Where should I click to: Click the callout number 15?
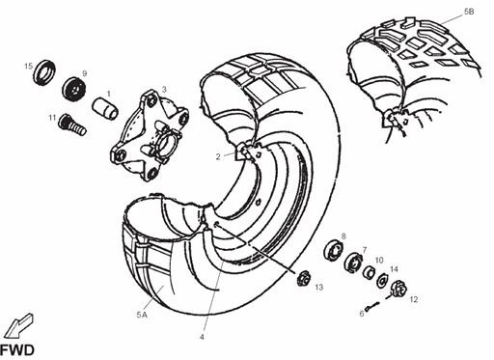[29, 66]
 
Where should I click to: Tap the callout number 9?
[84, 73]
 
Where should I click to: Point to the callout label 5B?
[469, 11]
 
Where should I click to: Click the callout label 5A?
[142, 314]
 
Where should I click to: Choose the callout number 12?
[413, 300]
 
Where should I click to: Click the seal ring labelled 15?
[44, 74]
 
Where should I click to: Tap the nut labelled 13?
[300, 280]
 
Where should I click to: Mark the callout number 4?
[203, 337]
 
